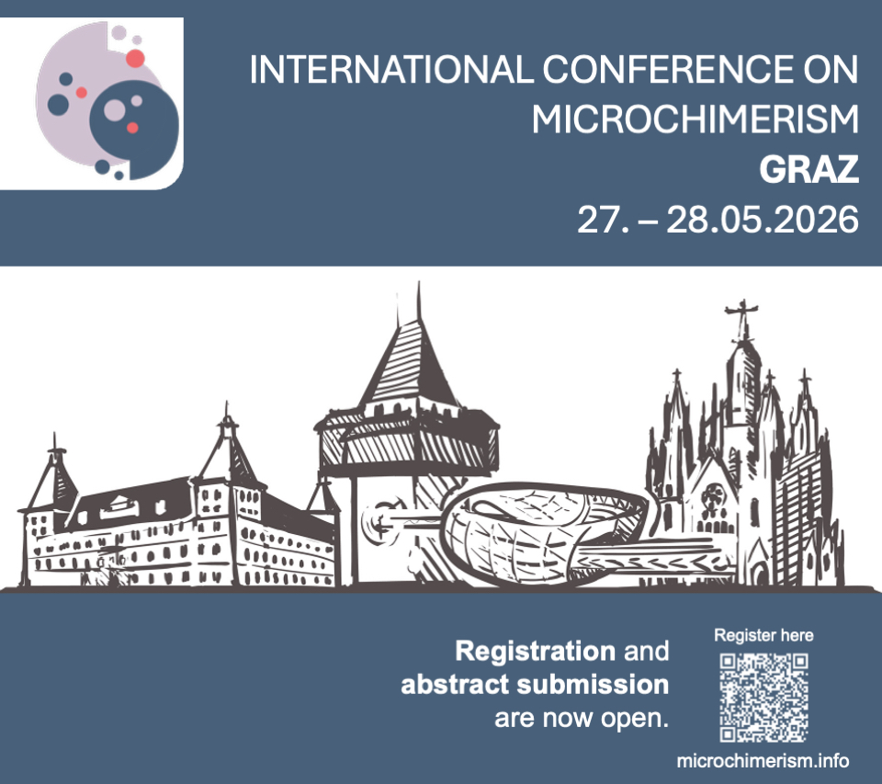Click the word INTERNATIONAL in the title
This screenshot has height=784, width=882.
pos(391,69)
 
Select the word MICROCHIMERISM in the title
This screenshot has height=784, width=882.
pos(695,119)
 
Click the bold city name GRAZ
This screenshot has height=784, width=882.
pos(808,169)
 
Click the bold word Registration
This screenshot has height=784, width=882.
pos(535,651)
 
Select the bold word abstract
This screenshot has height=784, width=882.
pos(455,685)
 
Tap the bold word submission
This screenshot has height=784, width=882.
pos(593,685)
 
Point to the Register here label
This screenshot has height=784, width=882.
pos(763,635)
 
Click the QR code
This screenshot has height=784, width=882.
pos(763,698)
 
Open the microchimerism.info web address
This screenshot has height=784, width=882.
pos(763,761)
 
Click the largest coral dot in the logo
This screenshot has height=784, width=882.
pos(135,58)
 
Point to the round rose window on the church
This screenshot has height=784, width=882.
pos(713,495)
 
